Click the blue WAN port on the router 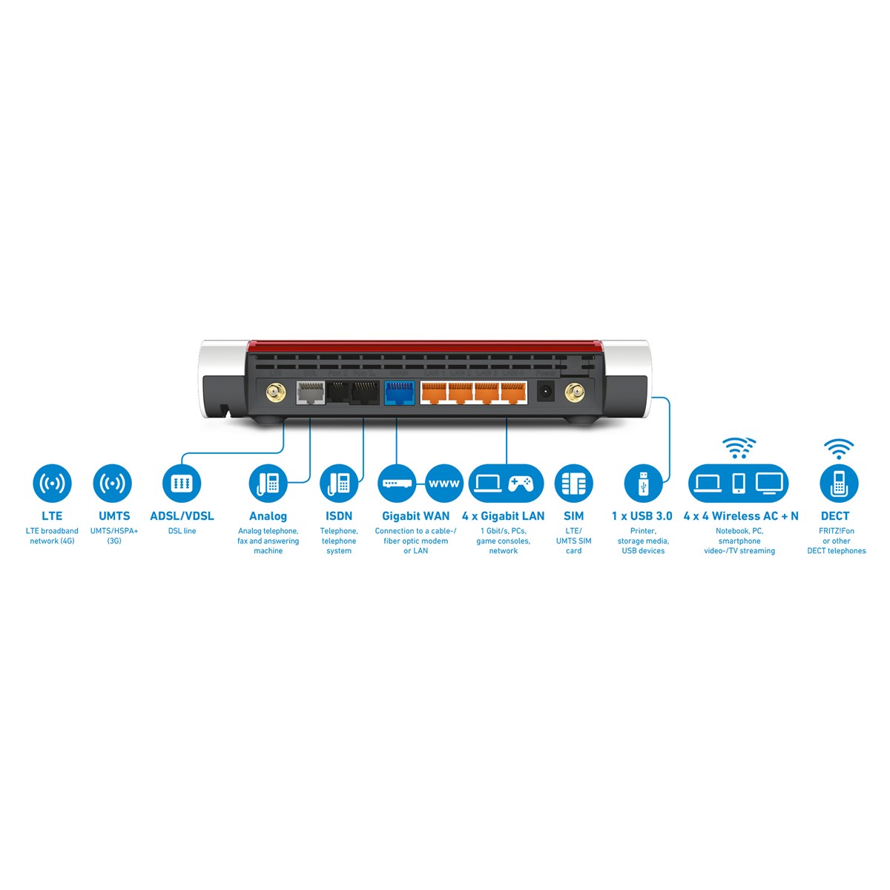tap(399, 392)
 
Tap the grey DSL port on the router tap(310, 392)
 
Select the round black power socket tap(546, 392)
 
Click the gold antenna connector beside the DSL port tap(276, 393)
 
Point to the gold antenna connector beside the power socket tap(575, 393)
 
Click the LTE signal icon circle tap(52, 483)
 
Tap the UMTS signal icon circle tap(112, 483)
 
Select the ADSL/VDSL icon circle tap(182, 483)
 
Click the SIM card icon tap(573, 483)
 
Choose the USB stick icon tap(643, 483)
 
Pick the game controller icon tap(521, 483)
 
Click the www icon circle tap(444, 483)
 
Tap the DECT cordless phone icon tap(839, 483)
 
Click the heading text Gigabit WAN tap(415, 516)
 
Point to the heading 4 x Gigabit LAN tap(503, 516)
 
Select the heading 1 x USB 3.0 tap(642, 516)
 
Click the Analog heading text tap(268, 516)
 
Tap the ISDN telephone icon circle tap(338, 483)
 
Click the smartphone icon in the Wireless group tap(739, 483)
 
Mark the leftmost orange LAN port tap(433, 392)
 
